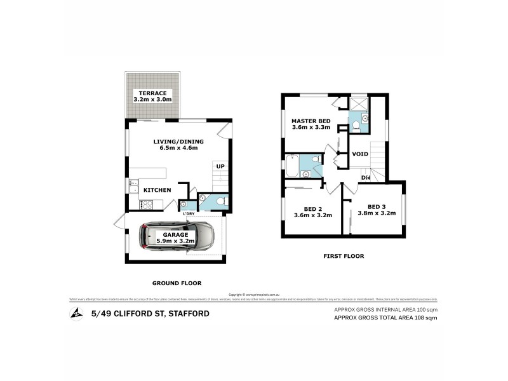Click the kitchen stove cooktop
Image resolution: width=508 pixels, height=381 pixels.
(146, 204)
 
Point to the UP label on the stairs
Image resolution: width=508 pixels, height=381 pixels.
(220, 166)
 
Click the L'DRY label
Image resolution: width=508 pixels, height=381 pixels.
(188, 213)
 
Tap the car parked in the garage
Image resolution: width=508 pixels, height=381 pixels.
(177, 236)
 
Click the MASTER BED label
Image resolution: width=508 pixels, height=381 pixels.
(309, 121)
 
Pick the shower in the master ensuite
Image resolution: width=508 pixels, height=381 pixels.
(359, 104)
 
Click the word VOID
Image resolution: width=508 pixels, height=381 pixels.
(360, 154)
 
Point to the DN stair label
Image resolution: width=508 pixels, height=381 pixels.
(365, 178)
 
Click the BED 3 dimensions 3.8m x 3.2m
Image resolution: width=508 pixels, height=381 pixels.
(377, 213)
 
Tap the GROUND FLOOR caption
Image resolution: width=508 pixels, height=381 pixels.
(177, 283)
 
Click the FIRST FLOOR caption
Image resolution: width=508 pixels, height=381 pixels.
(342, 257)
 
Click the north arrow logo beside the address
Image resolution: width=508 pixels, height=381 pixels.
(76, 313)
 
